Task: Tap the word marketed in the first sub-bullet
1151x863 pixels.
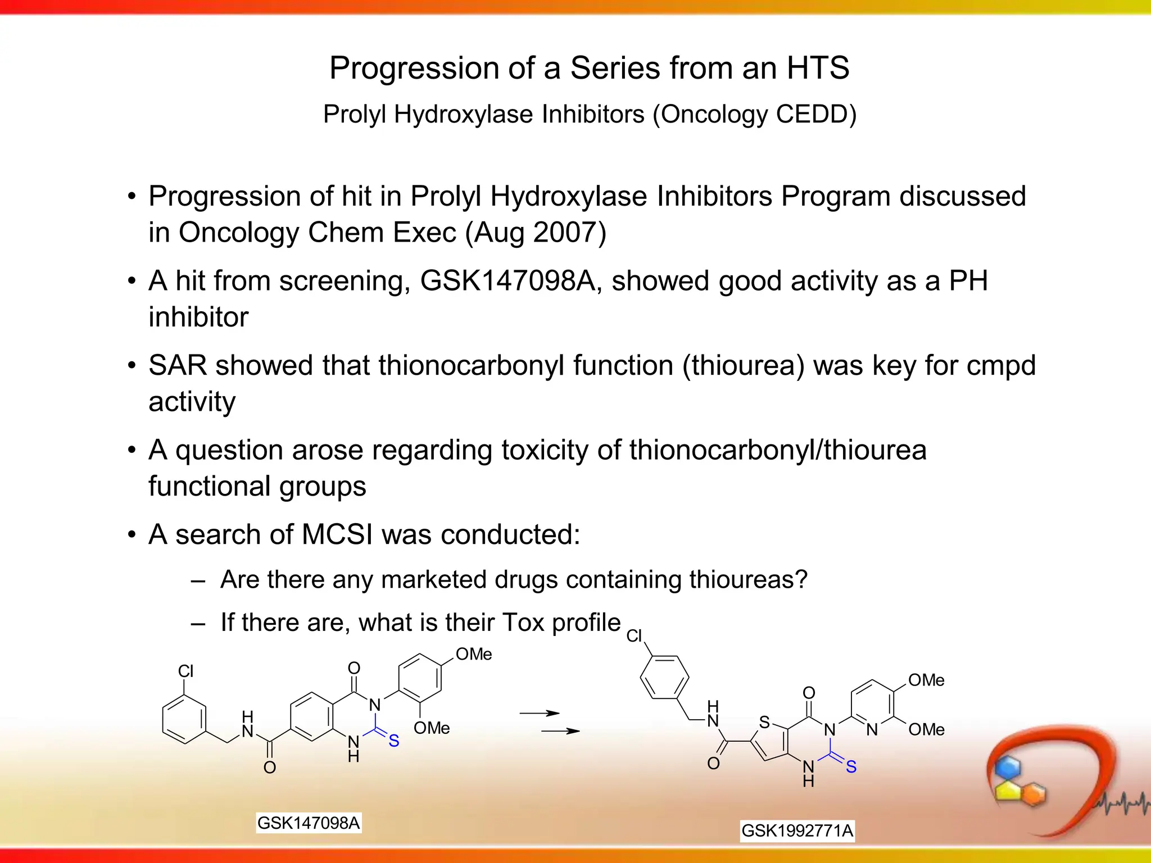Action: click(x=430, y=580)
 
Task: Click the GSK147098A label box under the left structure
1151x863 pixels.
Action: click(x=308, y=823)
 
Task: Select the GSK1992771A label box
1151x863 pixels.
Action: click(x=797, y=830)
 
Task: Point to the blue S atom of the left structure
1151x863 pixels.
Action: click(x=394, y=741)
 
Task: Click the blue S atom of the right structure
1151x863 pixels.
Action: click(x=851, y=766)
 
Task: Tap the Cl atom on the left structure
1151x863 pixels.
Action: click(x=185, y=671)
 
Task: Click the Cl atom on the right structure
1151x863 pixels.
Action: click(x=634, y=636)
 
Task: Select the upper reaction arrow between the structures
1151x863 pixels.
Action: click(x=539, y=714)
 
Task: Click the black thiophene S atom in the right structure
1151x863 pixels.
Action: click(x=764, y=723)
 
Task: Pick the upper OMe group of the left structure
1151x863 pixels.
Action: click(x=473, y=655)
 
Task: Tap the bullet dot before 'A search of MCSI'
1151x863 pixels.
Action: click(x=132, y=535)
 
